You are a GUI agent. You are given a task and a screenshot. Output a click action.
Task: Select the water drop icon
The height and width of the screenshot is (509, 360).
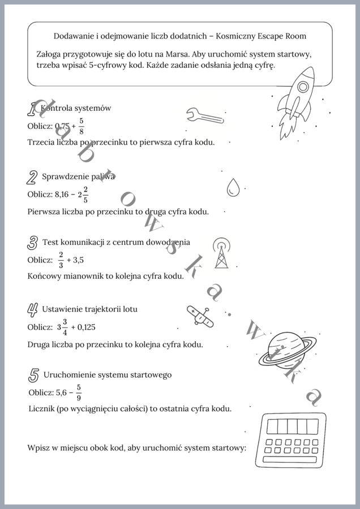point(233,187)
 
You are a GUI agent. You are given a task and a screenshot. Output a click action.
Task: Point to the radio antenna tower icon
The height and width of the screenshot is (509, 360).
point(221,252)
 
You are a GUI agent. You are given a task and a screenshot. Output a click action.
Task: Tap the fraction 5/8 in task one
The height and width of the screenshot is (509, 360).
point(82,126)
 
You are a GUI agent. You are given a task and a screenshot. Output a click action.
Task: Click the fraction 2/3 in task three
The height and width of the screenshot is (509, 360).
point(61,260)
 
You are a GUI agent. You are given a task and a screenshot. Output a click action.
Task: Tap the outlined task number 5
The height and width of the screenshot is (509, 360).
point(34,375)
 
